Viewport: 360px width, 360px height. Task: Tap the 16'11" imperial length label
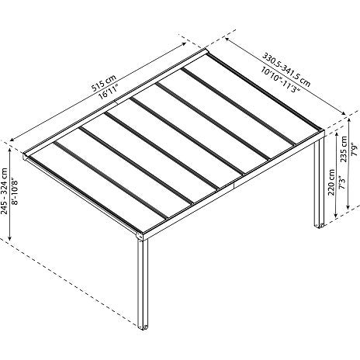pos(109,92)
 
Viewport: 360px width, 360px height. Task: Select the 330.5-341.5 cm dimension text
pos(286,69)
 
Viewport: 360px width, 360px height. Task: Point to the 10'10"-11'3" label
pos(280,79)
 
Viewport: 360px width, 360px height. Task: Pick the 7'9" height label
pos(355,151)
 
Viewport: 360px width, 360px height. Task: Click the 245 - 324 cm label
pos(4,191)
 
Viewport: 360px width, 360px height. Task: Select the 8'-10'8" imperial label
pos(15,189)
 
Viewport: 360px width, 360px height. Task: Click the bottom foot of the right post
pos(320,225)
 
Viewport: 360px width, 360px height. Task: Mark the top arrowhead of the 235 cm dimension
pos(349,120)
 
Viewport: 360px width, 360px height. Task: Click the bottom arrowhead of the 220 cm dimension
pos(336,214)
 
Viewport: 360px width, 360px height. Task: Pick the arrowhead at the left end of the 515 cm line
pos(12,140)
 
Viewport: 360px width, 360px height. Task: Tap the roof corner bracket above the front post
pos(140,236)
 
